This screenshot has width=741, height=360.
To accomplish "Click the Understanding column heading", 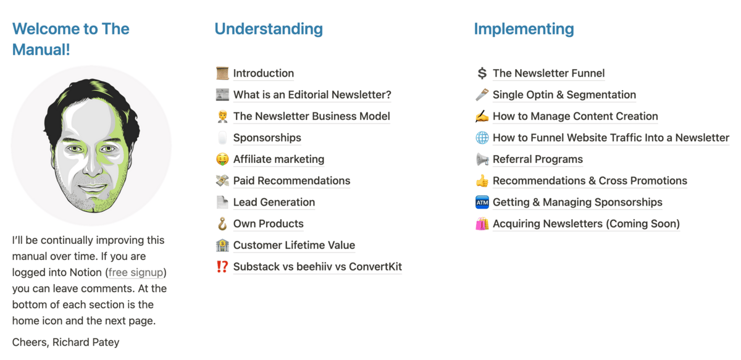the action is tap(269, 29).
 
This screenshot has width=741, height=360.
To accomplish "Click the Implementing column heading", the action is tap(524, 29).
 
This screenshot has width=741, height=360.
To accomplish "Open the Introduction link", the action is tap(263, 73).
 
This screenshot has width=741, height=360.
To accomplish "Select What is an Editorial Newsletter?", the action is tap(312, 94).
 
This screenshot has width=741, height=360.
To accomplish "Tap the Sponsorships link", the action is tap(267, 138).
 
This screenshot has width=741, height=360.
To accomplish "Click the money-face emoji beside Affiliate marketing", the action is tap(222, 159).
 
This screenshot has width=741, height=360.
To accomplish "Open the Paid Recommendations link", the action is tap(291, 181).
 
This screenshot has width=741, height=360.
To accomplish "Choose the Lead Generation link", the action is tap(274, 202).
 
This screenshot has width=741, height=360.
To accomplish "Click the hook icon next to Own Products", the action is tap(222, 224).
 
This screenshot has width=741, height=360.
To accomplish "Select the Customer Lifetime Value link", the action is tap(294, 245).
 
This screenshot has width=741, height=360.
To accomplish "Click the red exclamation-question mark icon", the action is tap(222, 267).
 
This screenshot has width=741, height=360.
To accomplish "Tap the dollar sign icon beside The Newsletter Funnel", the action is tap(482, 73).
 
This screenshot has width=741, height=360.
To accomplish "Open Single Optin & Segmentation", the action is tap(564, 94).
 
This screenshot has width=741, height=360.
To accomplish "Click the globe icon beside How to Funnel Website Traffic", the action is tap(482, 138).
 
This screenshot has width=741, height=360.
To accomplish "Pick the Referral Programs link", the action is tap(538, 159).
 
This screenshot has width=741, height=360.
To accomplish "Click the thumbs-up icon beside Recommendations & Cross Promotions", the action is tap(482, 181).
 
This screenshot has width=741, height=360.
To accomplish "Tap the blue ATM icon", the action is tap(482, 202).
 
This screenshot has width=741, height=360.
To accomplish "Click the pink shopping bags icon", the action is tap(482, 224).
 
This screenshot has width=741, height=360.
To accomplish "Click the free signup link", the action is tap(136, 272).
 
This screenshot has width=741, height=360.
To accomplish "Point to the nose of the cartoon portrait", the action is tap(92, 165).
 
